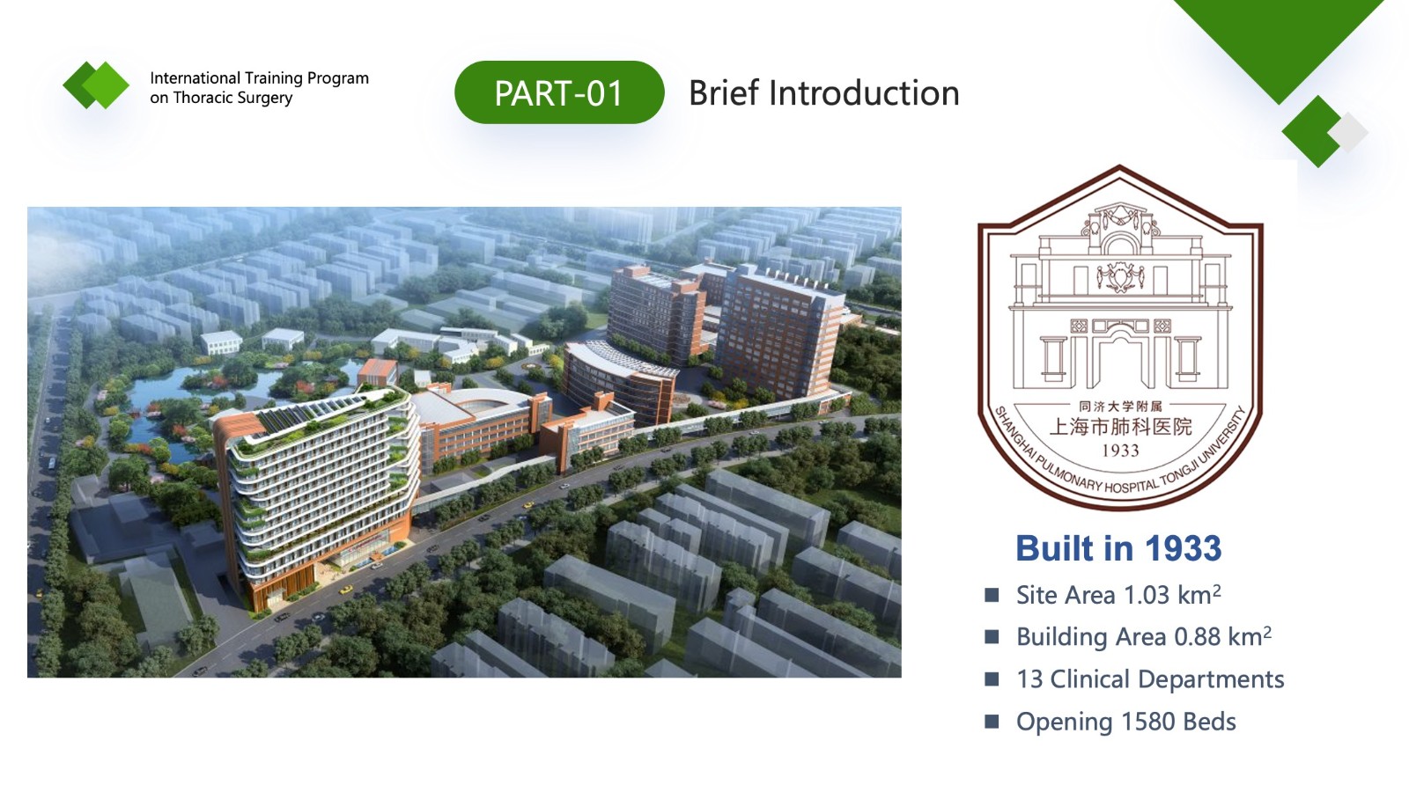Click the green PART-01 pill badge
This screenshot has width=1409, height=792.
tap(558, 92)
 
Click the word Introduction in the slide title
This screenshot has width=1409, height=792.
tap(864, 93)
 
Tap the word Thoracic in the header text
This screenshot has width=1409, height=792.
tap(202, 98)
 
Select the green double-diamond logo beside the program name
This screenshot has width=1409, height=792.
tap(96, 85)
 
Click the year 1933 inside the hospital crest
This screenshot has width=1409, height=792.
tap(1120, 450)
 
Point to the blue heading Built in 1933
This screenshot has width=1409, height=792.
tap(1118, 548)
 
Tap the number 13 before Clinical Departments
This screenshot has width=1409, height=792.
tap(1029, 679)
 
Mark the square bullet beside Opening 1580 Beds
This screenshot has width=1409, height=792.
tap(992, 722)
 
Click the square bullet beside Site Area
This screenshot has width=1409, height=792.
tap(992, 595)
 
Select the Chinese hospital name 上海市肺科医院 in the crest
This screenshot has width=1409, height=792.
tap(1120, 428)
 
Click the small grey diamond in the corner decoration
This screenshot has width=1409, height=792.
tap(1348, 132)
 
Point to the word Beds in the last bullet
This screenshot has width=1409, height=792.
tap(1209, 722)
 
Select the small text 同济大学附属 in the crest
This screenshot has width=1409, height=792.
tap(1120, 407)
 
